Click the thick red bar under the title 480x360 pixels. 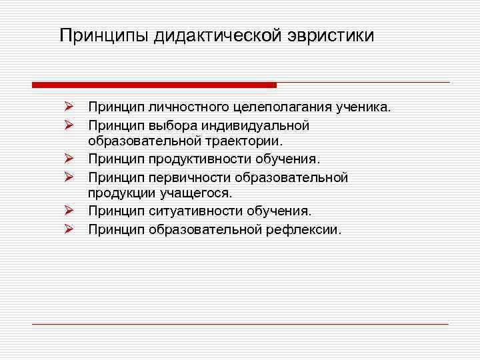[x=154, y=85]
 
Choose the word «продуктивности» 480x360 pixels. [x=191, y=159]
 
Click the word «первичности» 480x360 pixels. [x=182, y=177]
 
